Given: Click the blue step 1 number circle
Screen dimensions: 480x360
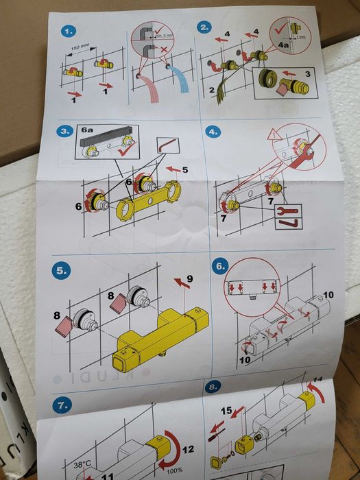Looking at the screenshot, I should click(x=69, y=31).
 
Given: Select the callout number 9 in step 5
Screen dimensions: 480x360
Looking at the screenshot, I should click(x=190, y=277).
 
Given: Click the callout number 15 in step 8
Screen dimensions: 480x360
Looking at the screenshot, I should click(x=226, y=411).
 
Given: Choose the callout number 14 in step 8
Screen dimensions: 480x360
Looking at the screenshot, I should click(x=317, y=379).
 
